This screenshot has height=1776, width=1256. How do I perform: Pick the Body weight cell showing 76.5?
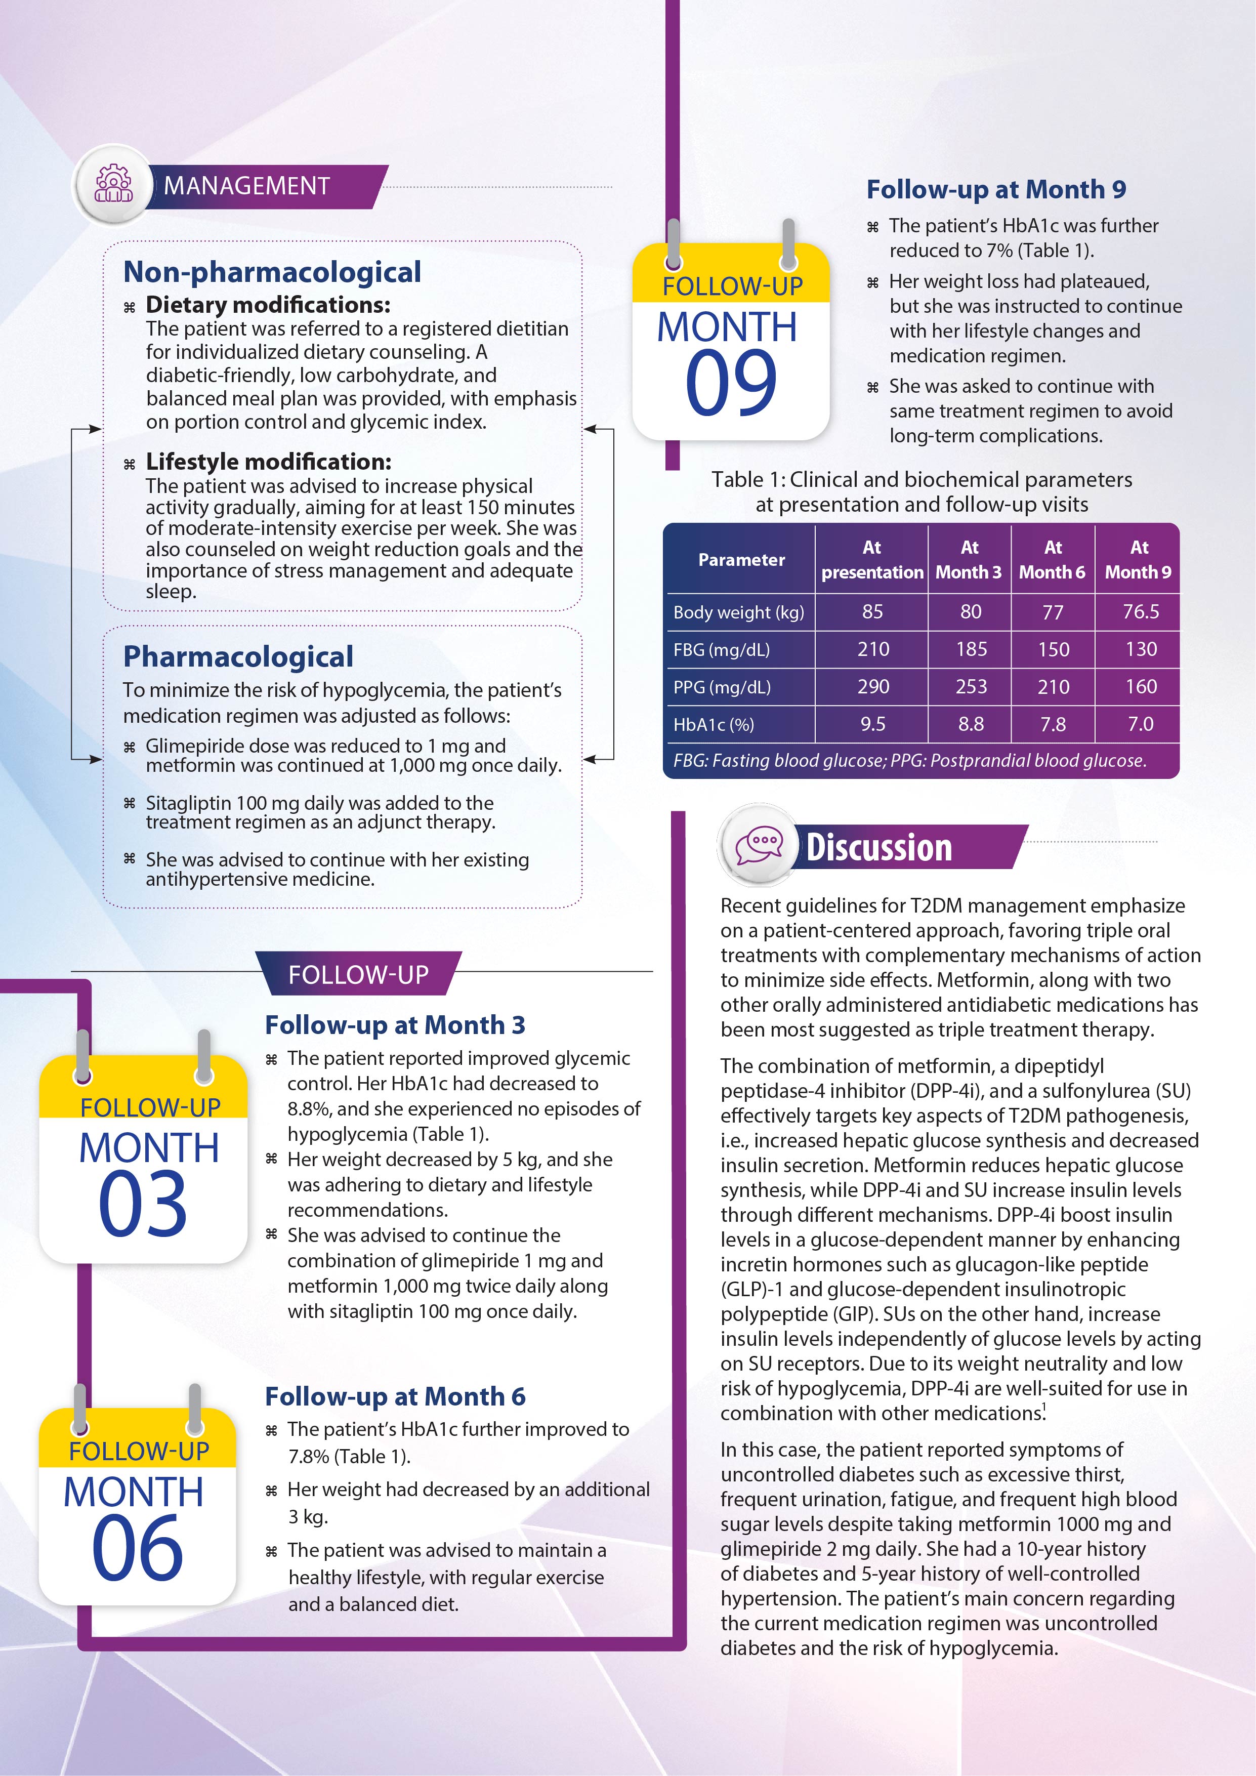(x=1141, y=612)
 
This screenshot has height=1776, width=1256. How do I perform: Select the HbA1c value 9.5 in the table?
(x=872, y=724)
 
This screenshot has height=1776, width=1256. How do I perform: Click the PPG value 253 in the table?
(x=971, y=687)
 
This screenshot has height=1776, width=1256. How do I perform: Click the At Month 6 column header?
(x=1052, y=559)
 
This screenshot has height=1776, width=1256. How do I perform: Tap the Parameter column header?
(x=741, y=559)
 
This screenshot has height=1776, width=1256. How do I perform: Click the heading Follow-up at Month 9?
(x=995, y=189)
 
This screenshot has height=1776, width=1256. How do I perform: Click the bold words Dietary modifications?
(x=268, y=305)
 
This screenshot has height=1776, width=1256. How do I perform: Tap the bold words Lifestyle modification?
(x=268, y=462)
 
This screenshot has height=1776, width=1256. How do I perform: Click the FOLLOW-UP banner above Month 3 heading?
(x=358, y=974)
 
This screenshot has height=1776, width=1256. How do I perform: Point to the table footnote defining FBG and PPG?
(x=909, y=760)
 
